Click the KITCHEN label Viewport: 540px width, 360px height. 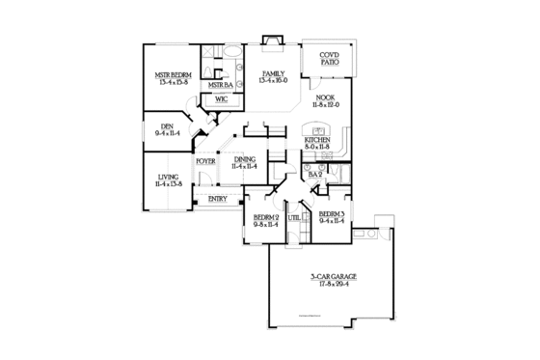coord(318,140)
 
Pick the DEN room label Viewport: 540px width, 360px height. coord(166,125)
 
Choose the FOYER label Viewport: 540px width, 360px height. coord(205,161)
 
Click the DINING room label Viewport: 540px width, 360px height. coord(244,158)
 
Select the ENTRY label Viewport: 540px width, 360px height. coord(217,199)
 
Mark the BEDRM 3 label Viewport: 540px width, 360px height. coord(331,213)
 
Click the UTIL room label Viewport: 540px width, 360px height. coord(293,218)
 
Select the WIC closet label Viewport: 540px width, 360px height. coord(221,98)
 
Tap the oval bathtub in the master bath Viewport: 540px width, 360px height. coord(235,52)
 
